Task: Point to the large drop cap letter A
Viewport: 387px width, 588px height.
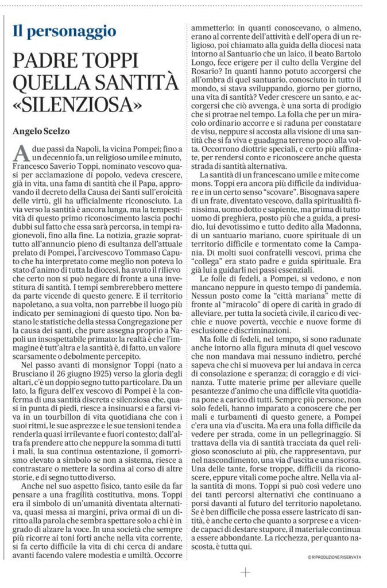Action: point(20,153)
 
